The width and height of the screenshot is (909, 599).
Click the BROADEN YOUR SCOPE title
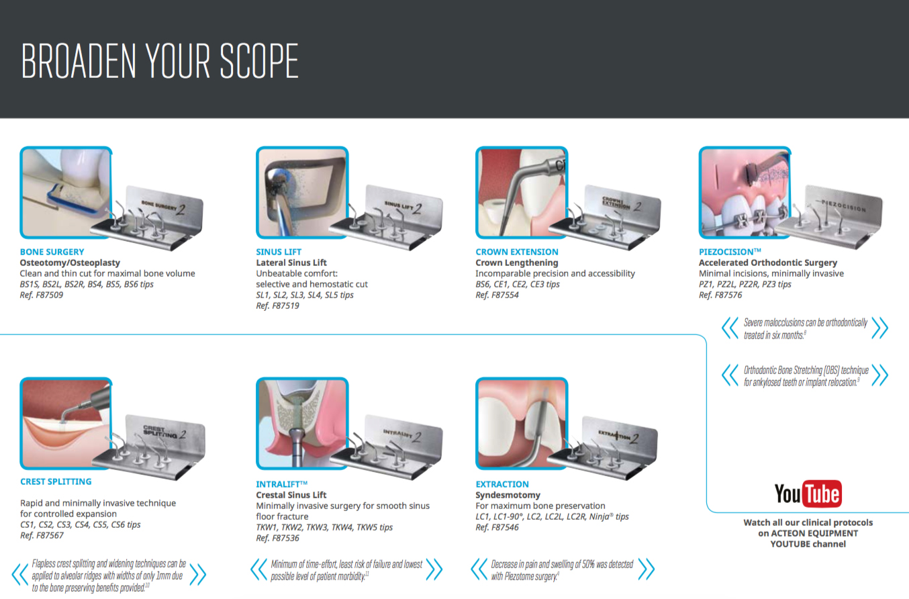(x=160, y=61)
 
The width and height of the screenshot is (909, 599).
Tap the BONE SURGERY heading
(x=52, y=252)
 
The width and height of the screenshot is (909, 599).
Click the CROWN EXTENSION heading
(x=516, y=252)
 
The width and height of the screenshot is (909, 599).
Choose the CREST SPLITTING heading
(x=56, y=481)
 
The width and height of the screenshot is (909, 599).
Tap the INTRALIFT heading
(x=281, y=484)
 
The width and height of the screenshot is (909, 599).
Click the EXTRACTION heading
(x=502, y=484)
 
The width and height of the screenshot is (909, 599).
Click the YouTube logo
(x=808, y=494)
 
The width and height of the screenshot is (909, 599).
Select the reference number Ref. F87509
(x=42, y=295)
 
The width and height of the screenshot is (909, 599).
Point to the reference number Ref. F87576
(x=720, y=295)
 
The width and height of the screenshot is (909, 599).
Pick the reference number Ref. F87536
(x=277, y=538)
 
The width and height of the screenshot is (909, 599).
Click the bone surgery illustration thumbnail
(x=66, y=193)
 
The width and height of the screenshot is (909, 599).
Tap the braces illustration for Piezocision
(x=745, y=193)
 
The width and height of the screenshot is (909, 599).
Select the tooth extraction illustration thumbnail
(x=521, y=423)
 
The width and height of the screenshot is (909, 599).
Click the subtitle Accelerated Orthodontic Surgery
(x=768, y=263)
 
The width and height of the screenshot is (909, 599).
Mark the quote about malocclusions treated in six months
(x=805, y=328)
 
